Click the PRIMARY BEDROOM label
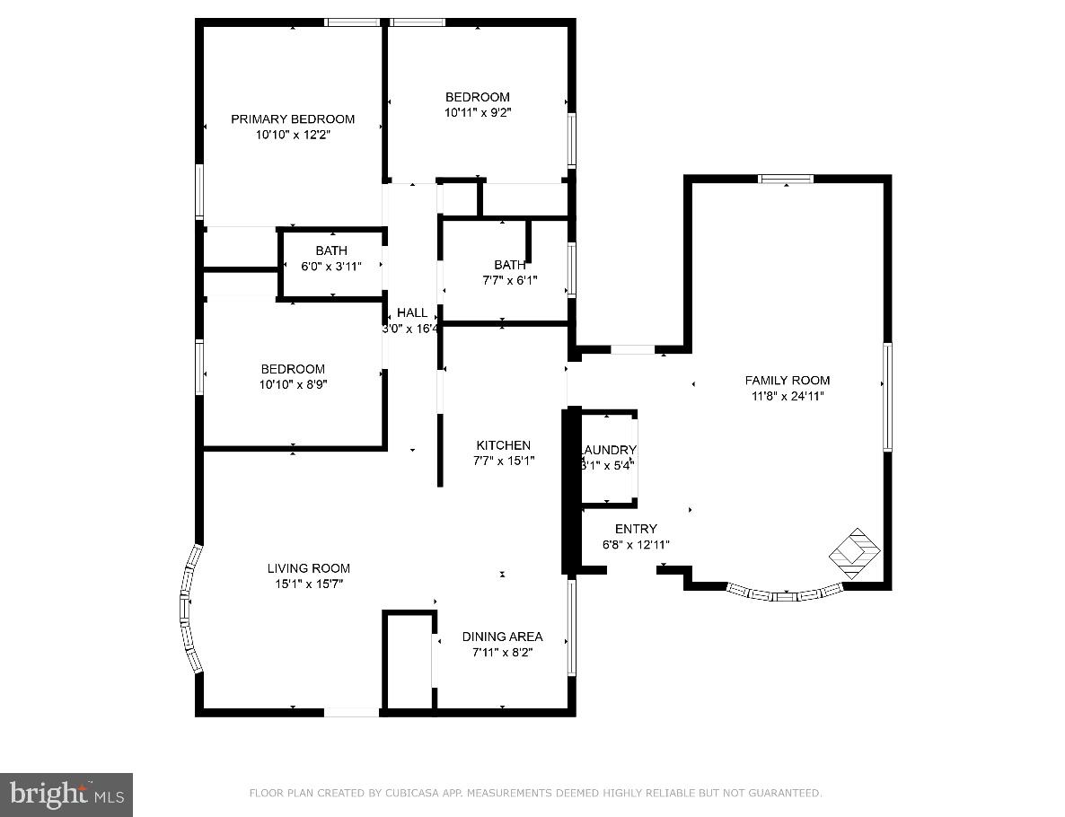[293, 119]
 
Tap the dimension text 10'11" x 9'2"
[478, 113]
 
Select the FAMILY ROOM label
[788, 380]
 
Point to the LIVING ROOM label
[308, 568]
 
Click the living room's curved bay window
[189, 609]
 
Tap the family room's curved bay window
[785, 593]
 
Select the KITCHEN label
[503, 445]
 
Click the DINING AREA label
[502, 637]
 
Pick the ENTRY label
[636, 529]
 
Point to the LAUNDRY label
[609, 450]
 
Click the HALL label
[412, 312]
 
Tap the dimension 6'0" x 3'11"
[331, 267]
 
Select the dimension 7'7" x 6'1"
[510, 280]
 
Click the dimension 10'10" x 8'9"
[293, 384]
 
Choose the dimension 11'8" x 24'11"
[788, 396]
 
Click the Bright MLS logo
[66, 794]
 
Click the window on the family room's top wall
[787, 179]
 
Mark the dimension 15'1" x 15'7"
[308, 584]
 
